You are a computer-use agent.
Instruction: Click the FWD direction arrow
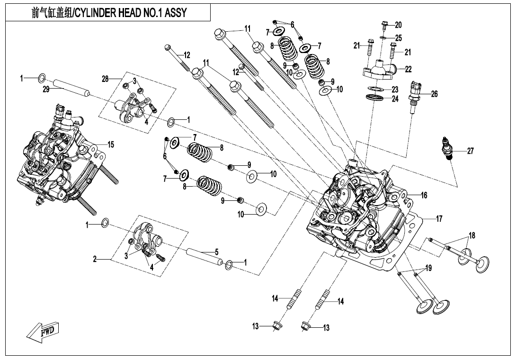[x=41, y=331]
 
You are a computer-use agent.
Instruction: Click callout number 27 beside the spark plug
[x=470, y=152]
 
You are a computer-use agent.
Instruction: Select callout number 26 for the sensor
[x=434, y=94]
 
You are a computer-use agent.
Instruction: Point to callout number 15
[x=110, y=145]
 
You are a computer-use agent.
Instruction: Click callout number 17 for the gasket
[x=439, y=219]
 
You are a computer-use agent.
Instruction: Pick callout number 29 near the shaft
[x=45, y=89]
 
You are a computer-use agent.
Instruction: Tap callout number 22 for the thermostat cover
[x=409, y=69]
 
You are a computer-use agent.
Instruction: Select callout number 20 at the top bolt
[x=398, y=25]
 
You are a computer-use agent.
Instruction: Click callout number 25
[x=399, y=37]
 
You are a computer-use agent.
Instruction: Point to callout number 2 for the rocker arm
[x=95, y=259]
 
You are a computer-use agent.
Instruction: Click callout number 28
[x=105, y=79]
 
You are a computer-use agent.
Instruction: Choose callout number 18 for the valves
[x=472, y=235]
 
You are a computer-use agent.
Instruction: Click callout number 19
[x=428, y=269]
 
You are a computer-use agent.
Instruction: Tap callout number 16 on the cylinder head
[x=424, y=195]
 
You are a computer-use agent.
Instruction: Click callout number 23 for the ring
[x=395, y=90]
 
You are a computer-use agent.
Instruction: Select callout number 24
[x=395, y=99]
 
